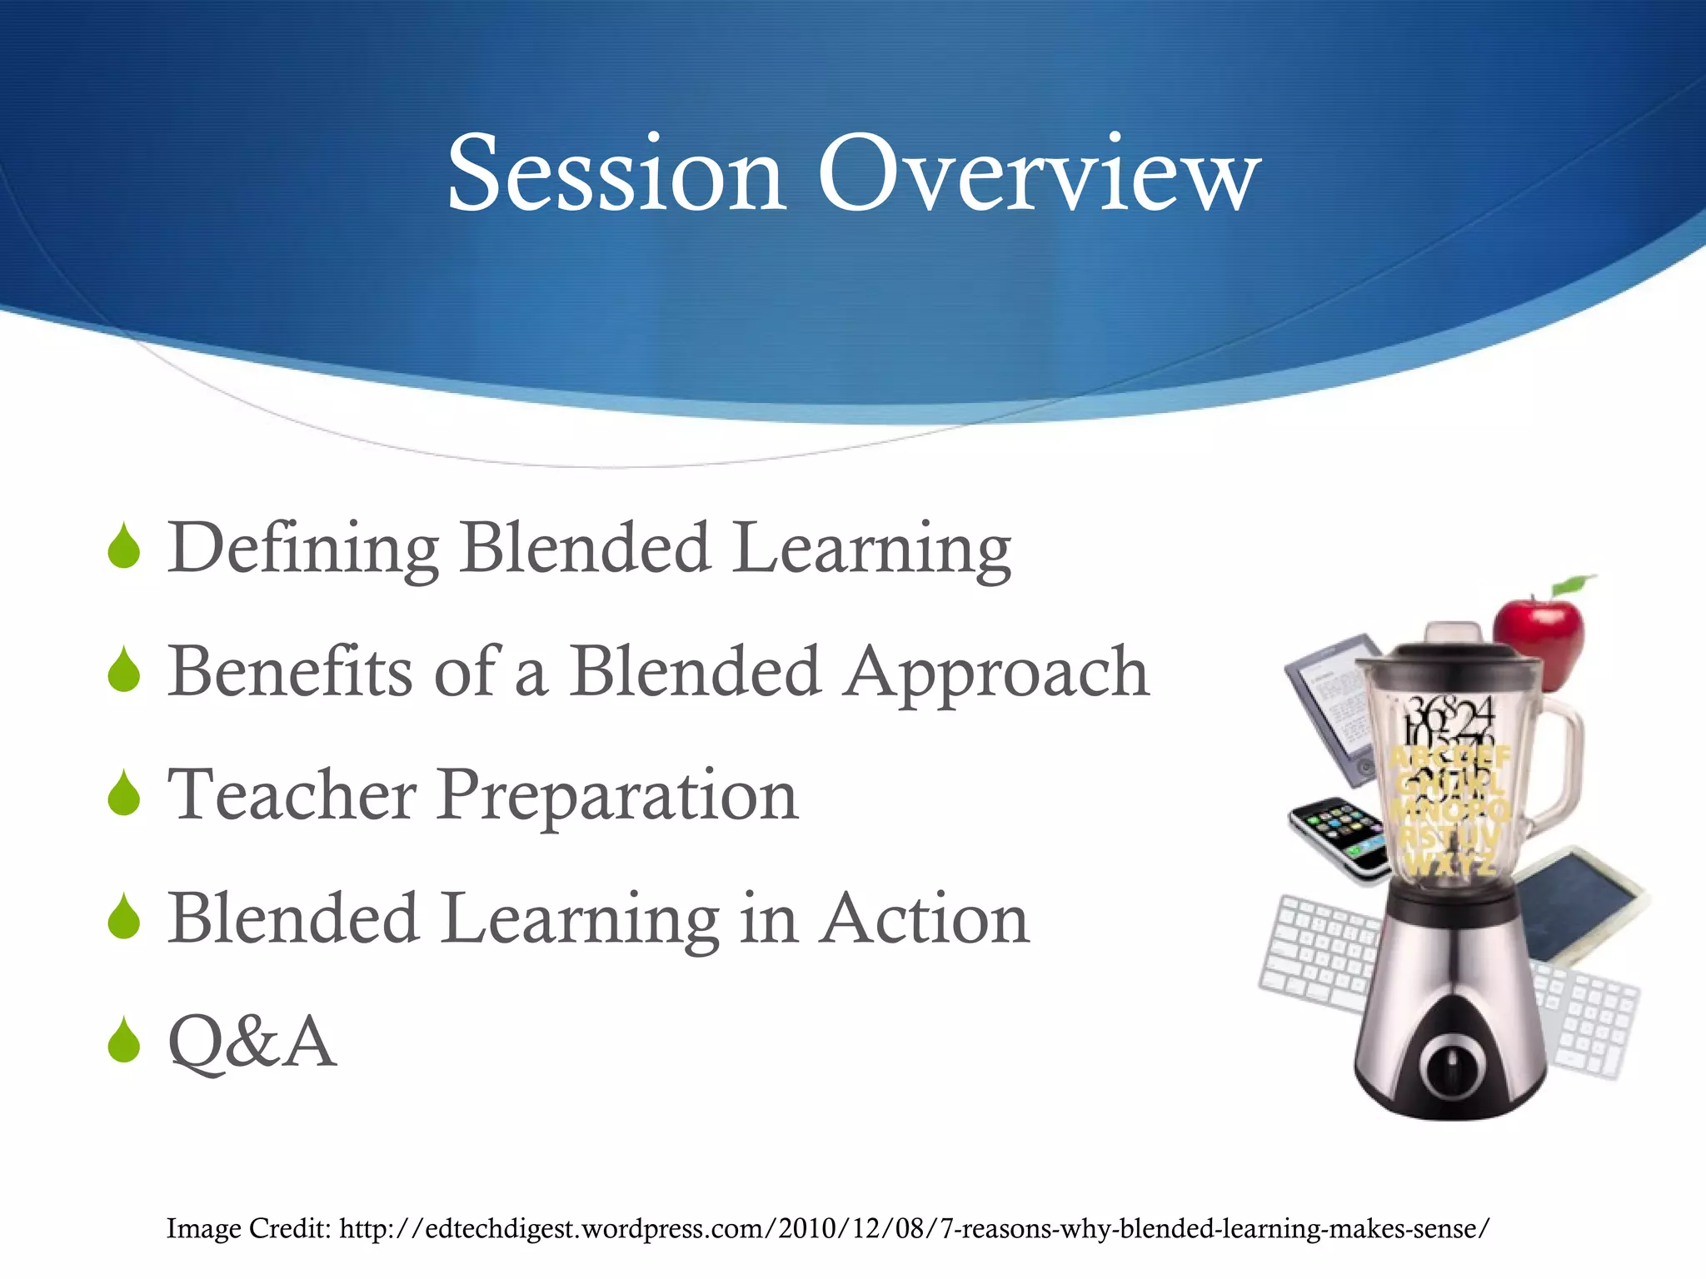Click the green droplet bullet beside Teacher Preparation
(124, 794)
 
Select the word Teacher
(292, 794)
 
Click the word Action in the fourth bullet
(925, 918)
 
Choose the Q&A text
(252, 1041)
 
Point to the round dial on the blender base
(1451, 1066)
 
